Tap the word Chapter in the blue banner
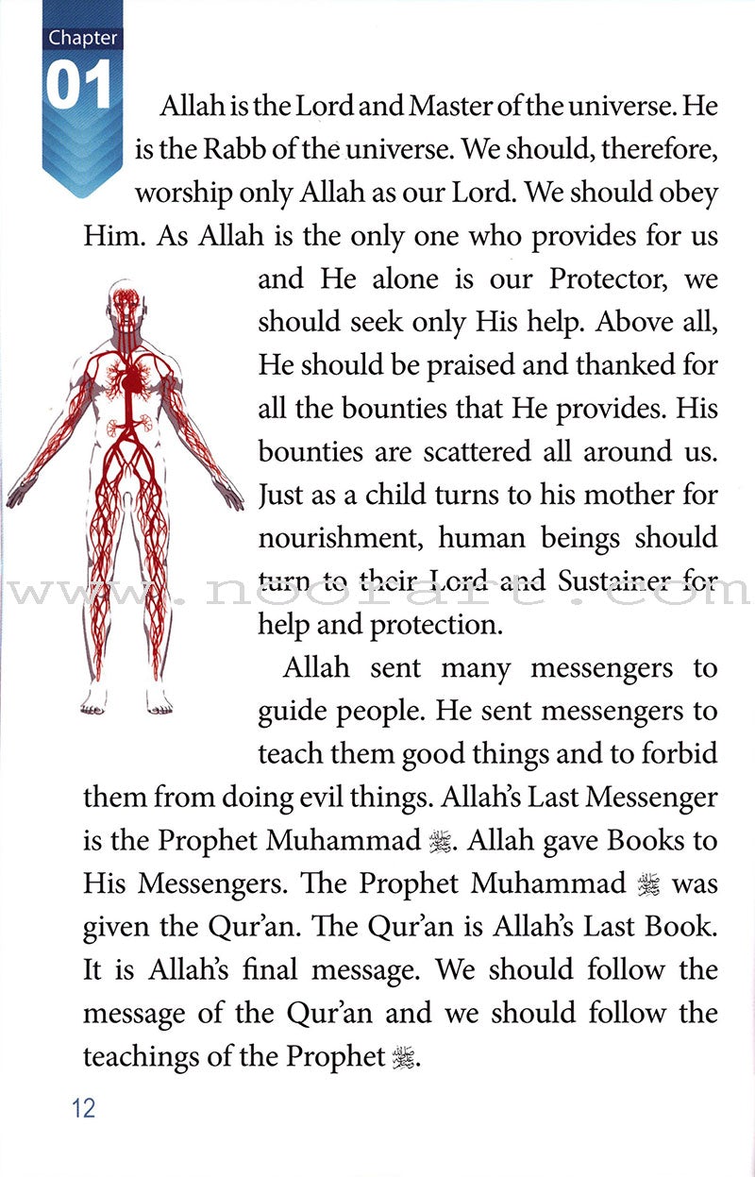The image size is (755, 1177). point(83,39)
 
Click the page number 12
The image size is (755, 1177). point(83,1107)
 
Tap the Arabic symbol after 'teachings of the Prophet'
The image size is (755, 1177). point(404,1057)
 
